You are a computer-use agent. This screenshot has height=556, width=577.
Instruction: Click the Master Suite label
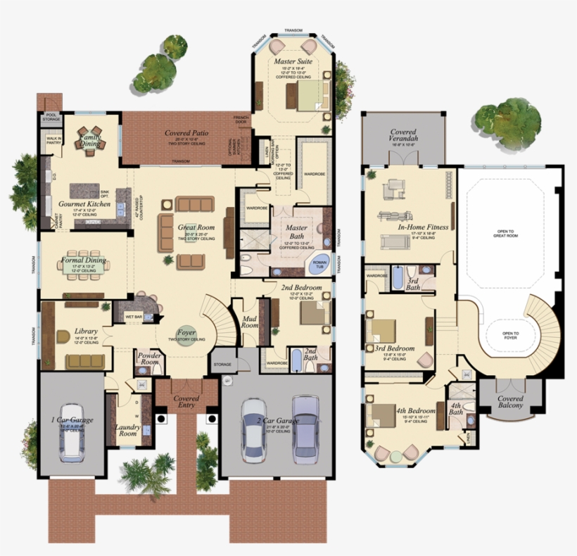click(293, 61)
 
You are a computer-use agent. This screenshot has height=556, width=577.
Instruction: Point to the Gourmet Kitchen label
click(85, 203)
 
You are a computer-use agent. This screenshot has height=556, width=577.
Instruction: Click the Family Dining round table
click(90, 143)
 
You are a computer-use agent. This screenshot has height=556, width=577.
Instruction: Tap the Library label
click(86, 331)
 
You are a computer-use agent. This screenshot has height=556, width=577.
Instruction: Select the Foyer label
click(186, 331)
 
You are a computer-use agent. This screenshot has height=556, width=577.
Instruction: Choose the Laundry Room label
click(127, 430)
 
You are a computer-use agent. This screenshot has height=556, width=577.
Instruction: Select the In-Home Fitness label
click(423, 227)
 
